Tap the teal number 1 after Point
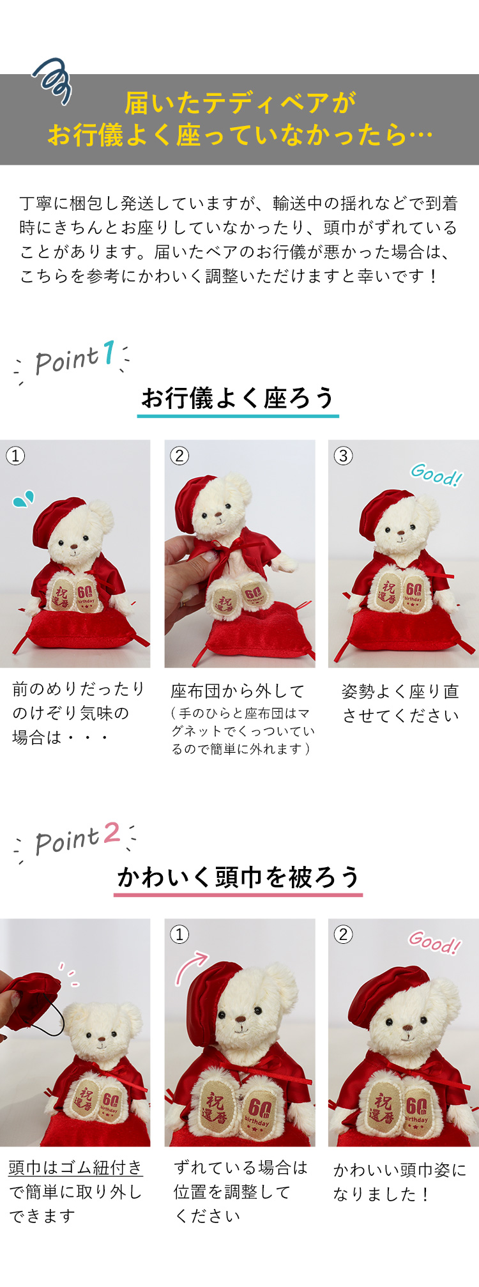pyautogui.click(x=109, y=353)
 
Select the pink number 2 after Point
pyautogui.click(x=112, y=832)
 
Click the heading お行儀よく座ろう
pyautogui.click(x=238, y=397)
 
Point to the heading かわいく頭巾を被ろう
pyautogui.click(x=238, y=877)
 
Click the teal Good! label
pyautogui.click(x=436, y=475)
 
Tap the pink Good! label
pyautogui.click(x=434, y=941)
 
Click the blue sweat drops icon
pyautogui.click(x=24, y=498)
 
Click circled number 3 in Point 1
pyautogui.click(x=344, y=456)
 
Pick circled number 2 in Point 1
pyautogui.click(x=179, y=456)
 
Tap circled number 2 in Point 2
pyautogui.click(x=344, y=934)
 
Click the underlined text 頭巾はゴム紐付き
pyautogui.click(x=75, y=1168)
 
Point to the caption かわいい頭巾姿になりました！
pyautogui.click(x=400, y=1182)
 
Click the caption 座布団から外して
pyautogui.click(x=238, y=691)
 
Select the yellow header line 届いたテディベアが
pyautogui.click(x=240, y=103)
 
